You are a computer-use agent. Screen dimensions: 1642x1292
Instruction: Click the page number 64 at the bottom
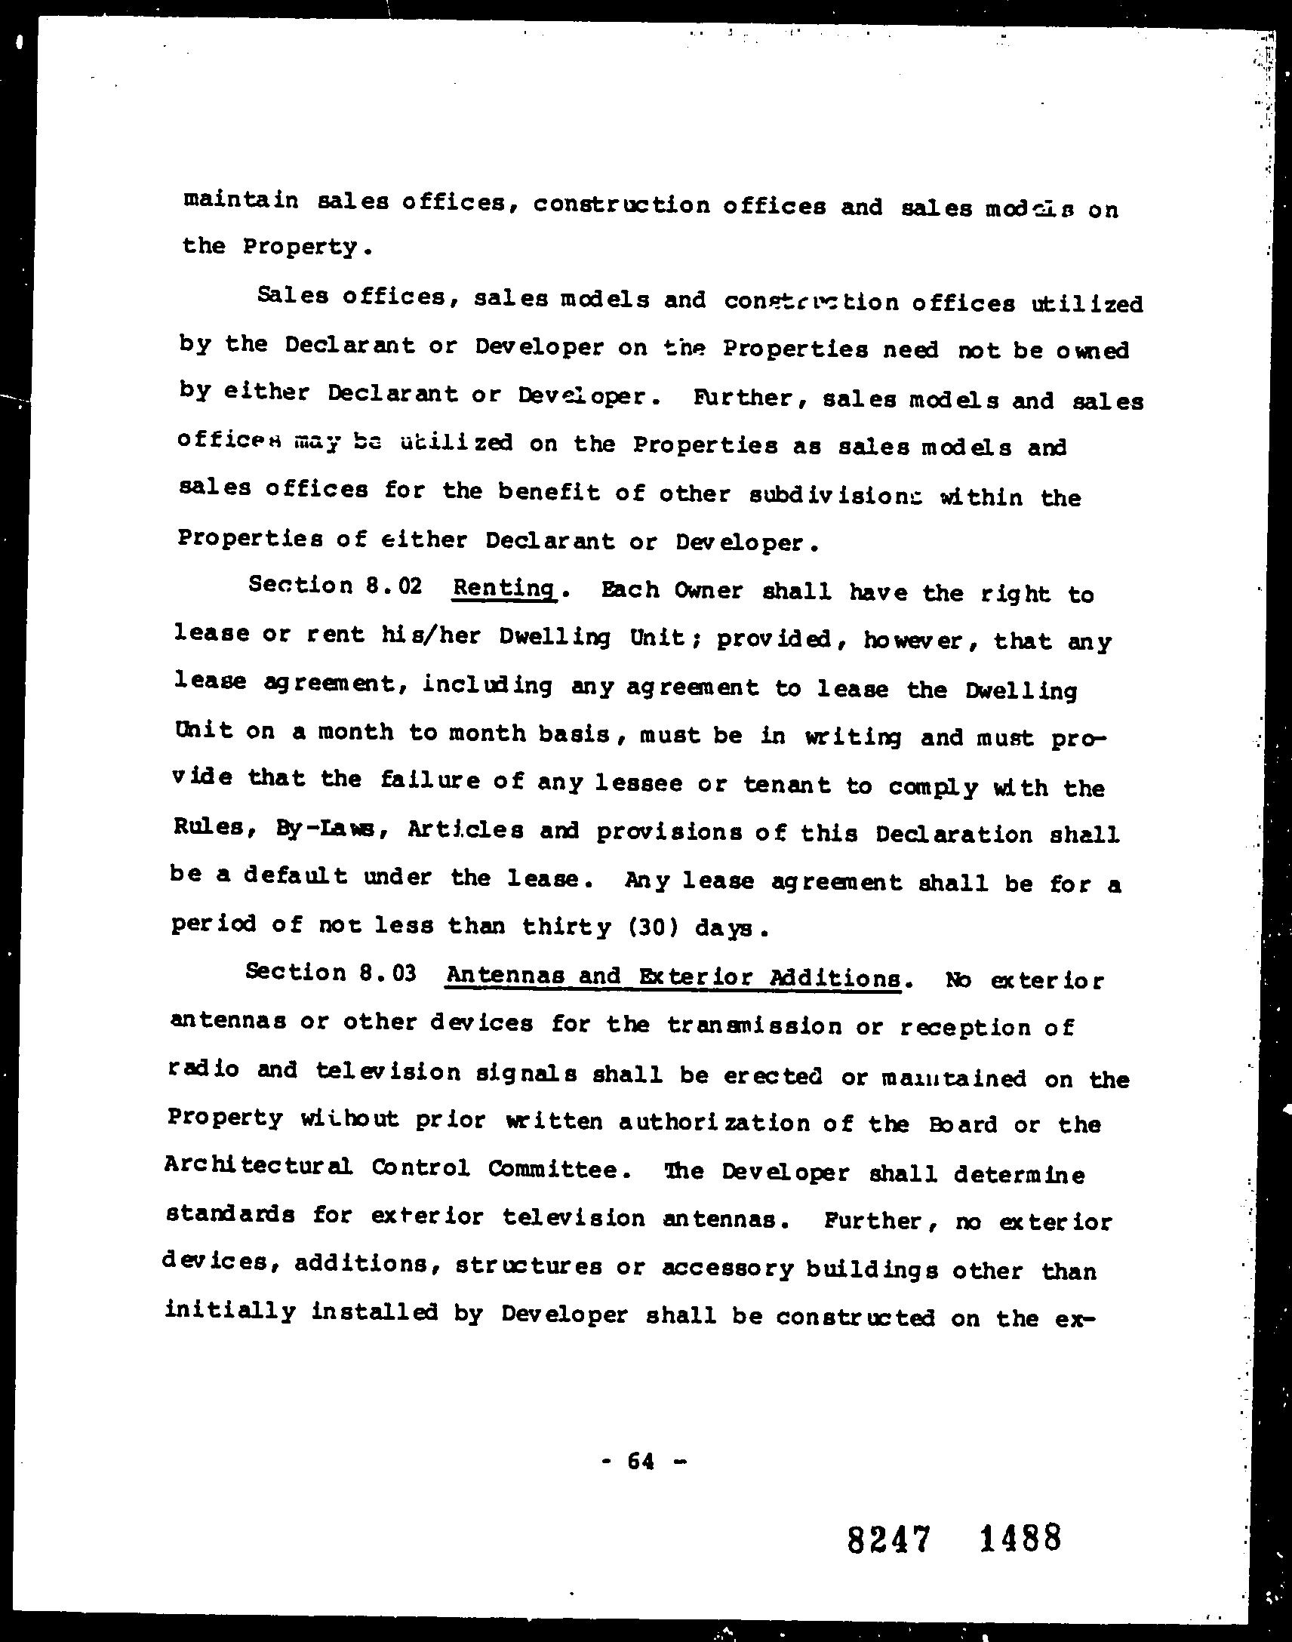pos(640,1462)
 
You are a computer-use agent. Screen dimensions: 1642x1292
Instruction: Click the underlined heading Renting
pos(503,588)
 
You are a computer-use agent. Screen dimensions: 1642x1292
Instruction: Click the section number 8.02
pos(393,586)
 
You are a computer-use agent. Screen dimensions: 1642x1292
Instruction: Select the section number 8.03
pos(388,973)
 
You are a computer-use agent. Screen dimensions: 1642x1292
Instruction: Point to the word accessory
pos(727,1268)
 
